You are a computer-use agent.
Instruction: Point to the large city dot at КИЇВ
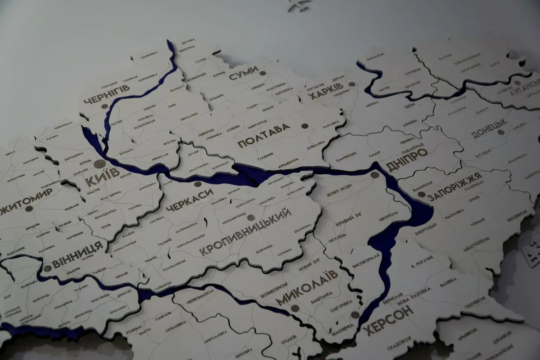click(100, 164)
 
